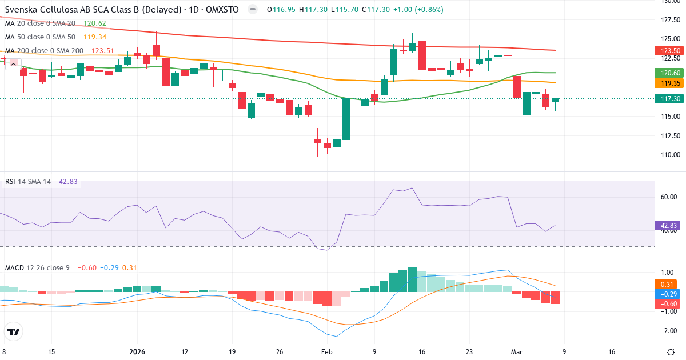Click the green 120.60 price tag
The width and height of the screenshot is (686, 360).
pos(667,73)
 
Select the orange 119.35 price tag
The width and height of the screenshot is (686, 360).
pos(667,83)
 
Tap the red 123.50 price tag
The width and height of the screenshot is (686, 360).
pos(667,51)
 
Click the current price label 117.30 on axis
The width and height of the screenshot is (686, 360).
pos(667,98)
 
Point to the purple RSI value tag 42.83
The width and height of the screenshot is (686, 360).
pos(667,226)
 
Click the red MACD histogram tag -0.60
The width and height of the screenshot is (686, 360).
pos(667,304)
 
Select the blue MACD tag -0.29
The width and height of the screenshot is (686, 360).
pos(667,294)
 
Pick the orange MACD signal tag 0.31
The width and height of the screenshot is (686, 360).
pos(667,284)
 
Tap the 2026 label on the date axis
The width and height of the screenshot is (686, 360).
pos(137,352)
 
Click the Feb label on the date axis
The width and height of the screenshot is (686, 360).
pos(326,352)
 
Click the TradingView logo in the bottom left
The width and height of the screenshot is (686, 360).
pos(14,331)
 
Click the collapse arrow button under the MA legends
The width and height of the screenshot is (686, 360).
pos(13,64)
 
